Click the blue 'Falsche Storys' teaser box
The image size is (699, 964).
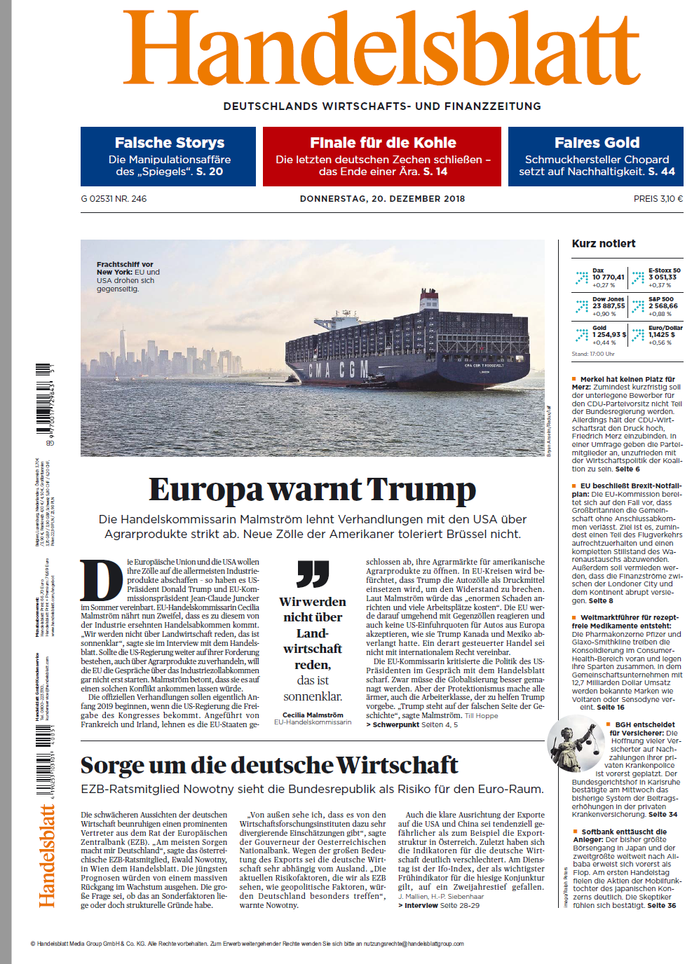168,156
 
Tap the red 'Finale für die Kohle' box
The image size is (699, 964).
382,156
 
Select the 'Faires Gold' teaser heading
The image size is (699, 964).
597,143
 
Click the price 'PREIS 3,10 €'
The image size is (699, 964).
658,199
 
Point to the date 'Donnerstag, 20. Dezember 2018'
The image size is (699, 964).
382,199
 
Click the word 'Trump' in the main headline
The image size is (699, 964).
421,490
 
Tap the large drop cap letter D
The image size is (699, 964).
102,580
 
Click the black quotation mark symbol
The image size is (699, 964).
313,573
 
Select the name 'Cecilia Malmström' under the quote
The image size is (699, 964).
313,715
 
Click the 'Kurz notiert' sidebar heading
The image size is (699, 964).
604,244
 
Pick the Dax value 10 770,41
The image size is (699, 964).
608,277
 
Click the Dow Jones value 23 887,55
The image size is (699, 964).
608,306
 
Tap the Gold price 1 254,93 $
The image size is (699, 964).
609,335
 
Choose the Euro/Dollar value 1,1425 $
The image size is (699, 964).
662,335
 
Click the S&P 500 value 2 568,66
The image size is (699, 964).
663,306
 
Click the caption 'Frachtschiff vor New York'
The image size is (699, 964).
125,268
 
